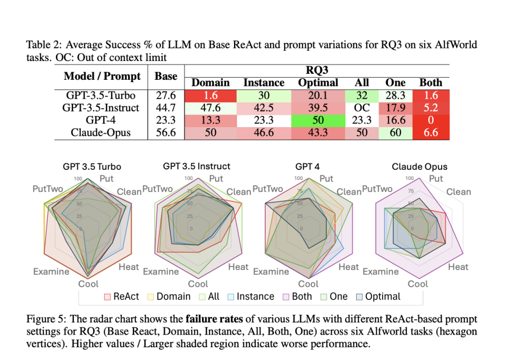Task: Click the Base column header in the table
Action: click(166, 76)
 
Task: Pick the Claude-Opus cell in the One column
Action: click(395, 133)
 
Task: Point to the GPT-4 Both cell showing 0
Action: click(430, 121)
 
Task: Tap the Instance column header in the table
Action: click(264, 82)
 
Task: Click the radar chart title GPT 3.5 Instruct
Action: click(196, 166)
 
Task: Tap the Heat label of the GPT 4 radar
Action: click(349, 266)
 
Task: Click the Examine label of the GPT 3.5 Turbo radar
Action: click(51, 272)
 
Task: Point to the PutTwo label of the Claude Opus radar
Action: click(377, 189)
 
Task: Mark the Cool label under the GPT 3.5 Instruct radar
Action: click(198, 284)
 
